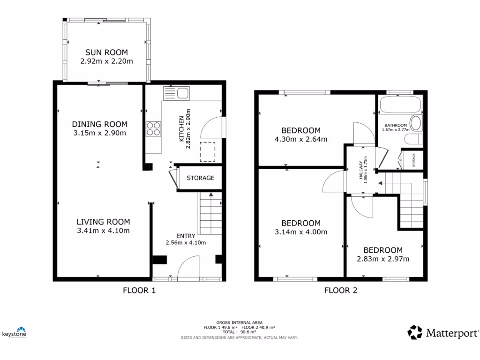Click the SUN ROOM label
(x=106, y=52)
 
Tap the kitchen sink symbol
(x=176, y=93)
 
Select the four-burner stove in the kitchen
(x=153, y=128)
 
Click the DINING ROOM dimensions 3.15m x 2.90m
(x=99, y=133)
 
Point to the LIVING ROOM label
(x=104, y=222)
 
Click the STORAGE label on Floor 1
(x=200, y=178)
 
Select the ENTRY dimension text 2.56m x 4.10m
(x=186, y=242)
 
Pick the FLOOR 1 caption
(x=139, y=290)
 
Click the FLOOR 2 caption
(x=341, y=290)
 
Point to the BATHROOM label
(x=396, y=126)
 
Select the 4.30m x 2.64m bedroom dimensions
(x=300, y=139)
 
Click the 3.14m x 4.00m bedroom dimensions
(x=301, y=232)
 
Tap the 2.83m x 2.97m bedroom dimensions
(x=383, y=259)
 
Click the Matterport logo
(x=443, y=333)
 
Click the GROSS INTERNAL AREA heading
(x=239, y=322)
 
